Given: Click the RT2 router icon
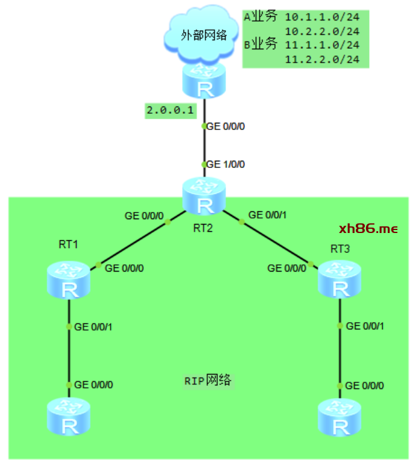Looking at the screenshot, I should tap(205, 197).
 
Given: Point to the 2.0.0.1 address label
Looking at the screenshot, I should tap(170, 110).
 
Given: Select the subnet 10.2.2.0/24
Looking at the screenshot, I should tap(322, 31).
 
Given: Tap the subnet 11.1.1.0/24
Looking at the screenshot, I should tap(322, 45).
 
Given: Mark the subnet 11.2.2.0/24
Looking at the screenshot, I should tap(322, 59).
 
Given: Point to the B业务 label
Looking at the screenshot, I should tap(261, 45).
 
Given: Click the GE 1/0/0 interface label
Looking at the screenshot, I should tap(226, 164).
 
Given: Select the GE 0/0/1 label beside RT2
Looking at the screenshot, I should tap(268, 214).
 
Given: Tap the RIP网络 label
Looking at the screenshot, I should tap(208, 381).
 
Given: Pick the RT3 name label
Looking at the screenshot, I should tap(340, 249).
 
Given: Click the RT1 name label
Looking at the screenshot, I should tap(69, 244).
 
